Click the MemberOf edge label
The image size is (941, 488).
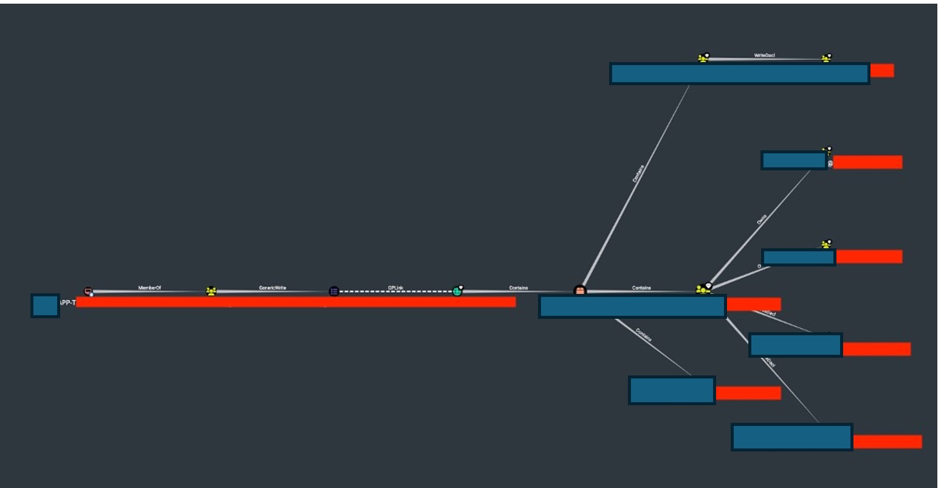pyautogui.click(x=150, y=288)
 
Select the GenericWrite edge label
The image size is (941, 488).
pyautogui.click(x=272, y=288)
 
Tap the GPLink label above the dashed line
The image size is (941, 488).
pyautogui.click(x=396, y=288)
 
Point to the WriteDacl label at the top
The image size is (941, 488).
pyautogui.click(x=764, y=55)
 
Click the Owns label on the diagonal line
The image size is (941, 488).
pyautogui.click(x=762, y=220)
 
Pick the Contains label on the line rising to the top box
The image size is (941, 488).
pyautogui.click(x=638, y=174)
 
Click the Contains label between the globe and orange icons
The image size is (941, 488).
pyautogui.click(x=519, y=288)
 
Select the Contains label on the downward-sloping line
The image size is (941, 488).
pyautogui.click(x=644, y=335)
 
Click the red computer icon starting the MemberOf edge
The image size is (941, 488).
pyautogui.click(x=88, y=291)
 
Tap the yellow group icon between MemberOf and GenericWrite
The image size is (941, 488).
pyautogui.click(x=211, y=291)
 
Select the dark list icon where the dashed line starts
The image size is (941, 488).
pyautogui.click(x=334, y=291)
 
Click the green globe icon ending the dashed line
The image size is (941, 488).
pyautogui.click(x=457, y=291)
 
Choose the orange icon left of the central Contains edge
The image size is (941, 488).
pyautogui.click(x=580, y=291)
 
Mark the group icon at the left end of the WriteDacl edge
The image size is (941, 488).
pyautogui.click(x=703, y=58)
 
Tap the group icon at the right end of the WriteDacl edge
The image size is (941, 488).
pyautogui.click(x=826, y=58)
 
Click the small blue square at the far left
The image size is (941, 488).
pyautogui.click(x=45, y=305)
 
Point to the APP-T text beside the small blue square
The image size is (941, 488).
pyautogui.click(x=67, y=302)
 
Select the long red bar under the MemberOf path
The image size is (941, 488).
pyautogui.click(x=295, y=302)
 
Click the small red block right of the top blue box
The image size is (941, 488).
pyautogui.click(x=881, y=71)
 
